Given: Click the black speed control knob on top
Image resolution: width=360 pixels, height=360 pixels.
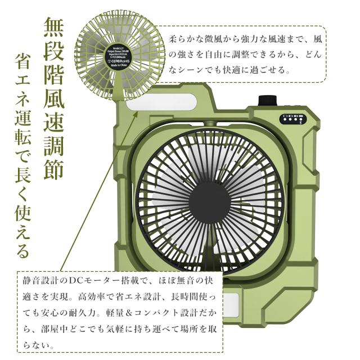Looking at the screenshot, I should coord(264,101).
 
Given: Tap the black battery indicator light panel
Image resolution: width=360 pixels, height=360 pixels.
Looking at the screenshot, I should coord(292,119).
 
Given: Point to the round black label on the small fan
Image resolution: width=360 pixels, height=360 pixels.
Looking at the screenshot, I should coord(120,55).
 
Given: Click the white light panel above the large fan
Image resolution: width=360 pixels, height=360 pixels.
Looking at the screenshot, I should coord(161,105).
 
